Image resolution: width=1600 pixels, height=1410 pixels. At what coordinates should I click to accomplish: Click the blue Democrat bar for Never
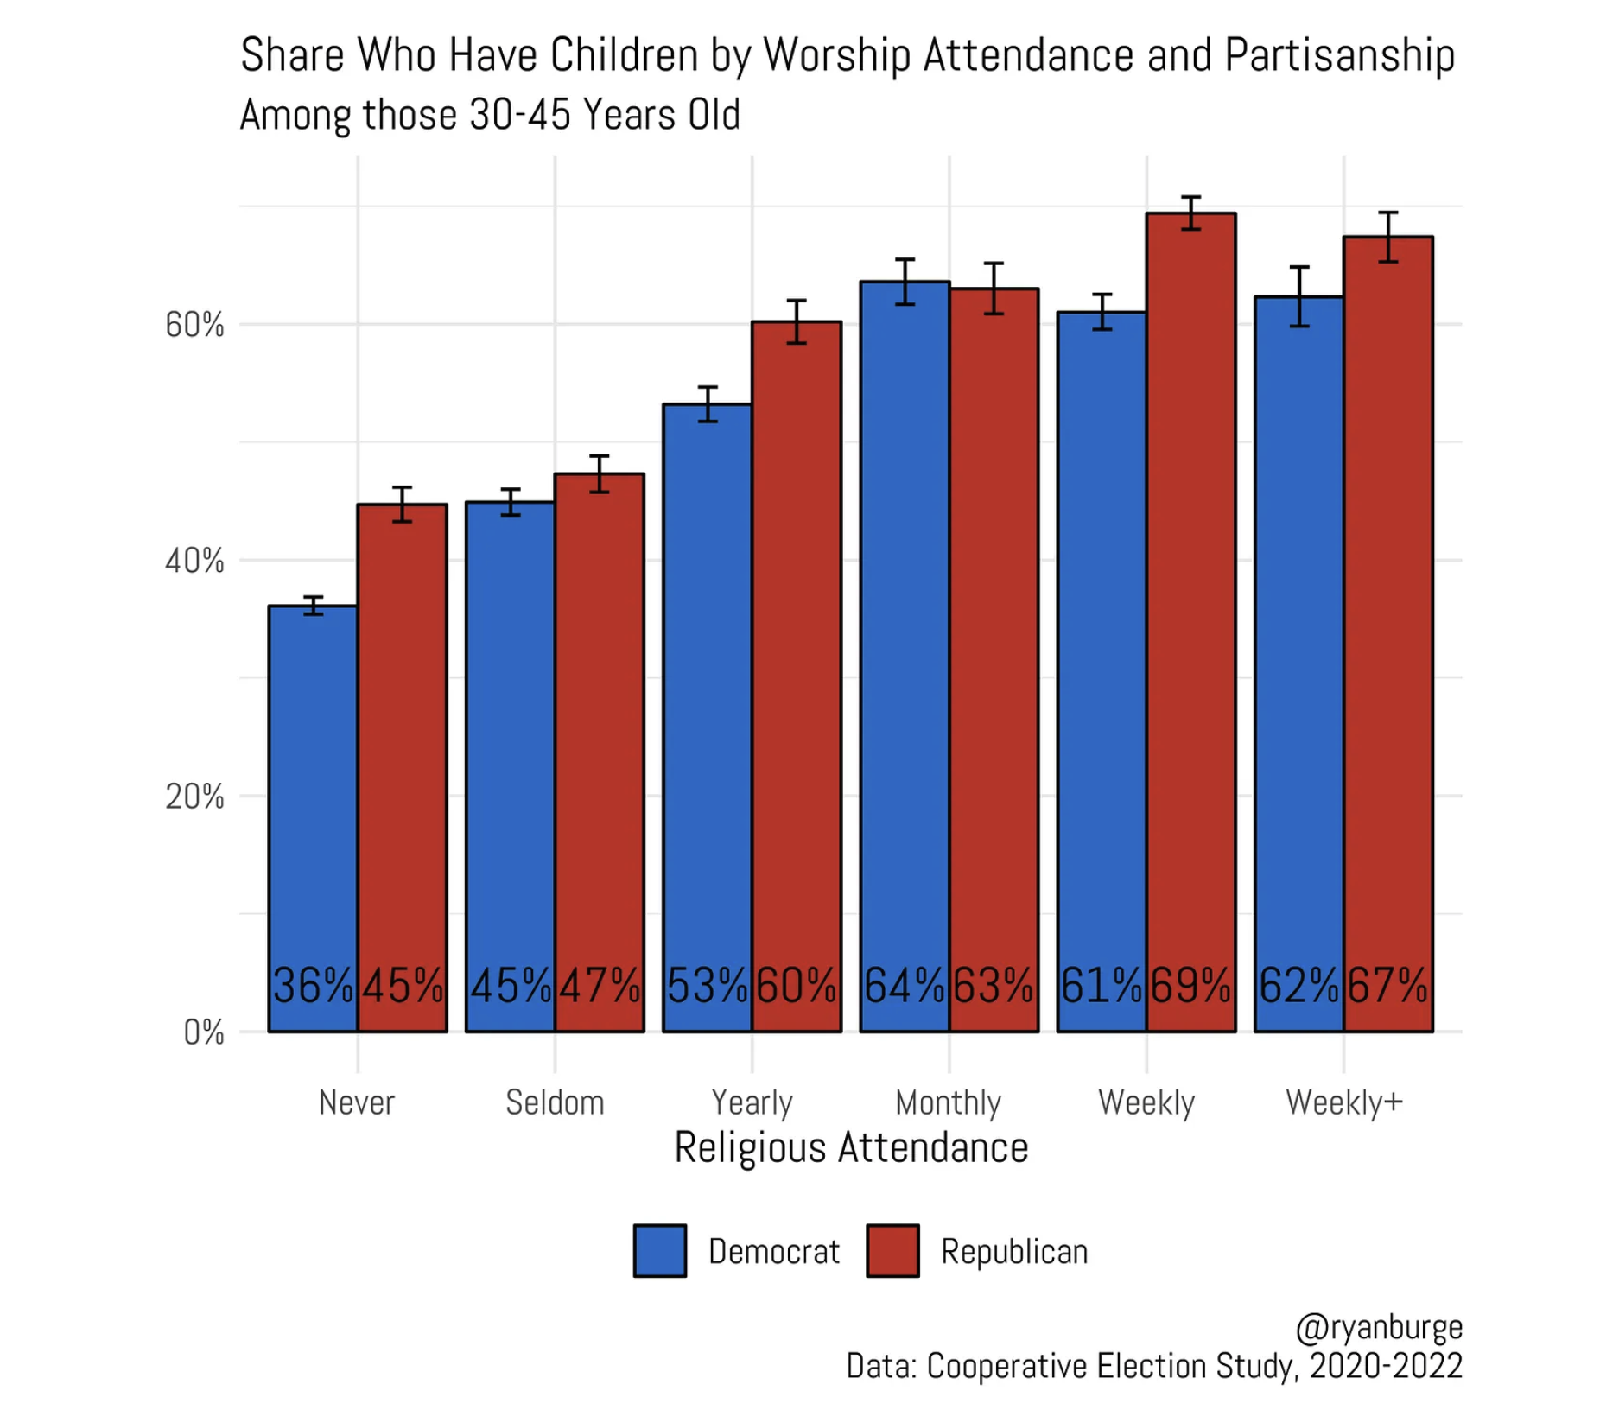pos(312,778)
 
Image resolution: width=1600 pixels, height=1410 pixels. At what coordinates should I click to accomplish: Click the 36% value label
pos(312,985)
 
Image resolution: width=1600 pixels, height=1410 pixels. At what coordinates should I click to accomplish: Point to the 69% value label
pos(1190,985)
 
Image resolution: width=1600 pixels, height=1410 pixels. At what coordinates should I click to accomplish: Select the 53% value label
pos(707,985)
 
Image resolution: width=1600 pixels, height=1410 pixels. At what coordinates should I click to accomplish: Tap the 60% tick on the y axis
pos(194,326)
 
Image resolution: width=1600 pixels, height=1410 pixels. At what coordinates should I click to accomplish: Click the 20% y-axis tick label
pos(194,797)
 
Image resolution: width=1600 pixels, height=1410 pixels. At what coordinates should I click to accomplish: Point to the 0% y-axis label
pos(204,1032)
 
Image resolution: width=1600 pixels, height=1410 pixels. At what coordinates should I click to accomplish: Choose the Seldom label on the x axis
pos(555,1102)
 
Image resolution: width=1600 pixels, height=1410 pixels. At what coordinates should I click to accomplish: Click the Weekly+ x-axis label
pos(1344,1102)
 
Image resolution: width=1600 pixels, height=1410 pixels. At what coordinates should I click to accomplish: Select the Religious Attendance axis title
pos(851,1148)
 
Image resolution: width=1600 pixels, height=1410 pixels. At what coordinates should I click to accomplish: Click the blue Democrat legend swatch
pos(660,1250)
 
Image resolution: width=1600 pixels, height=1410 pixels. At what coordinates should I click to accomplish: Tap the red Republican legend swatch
pos(892,1250)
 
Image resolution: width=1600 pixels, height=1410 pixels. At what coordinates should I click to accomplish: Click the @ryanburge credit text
pos(1379,1327)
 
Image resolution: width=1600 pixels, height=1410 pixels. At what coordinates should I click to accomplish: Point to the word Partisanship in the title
pos(1339,56)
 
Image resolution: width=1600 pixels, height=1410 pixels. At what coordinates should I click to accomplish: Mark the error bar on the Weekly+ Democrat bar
pos(1299,296)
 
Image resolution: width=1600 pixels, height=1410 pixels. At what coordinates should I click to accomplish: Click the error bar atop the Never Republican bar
pos(402,505)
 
